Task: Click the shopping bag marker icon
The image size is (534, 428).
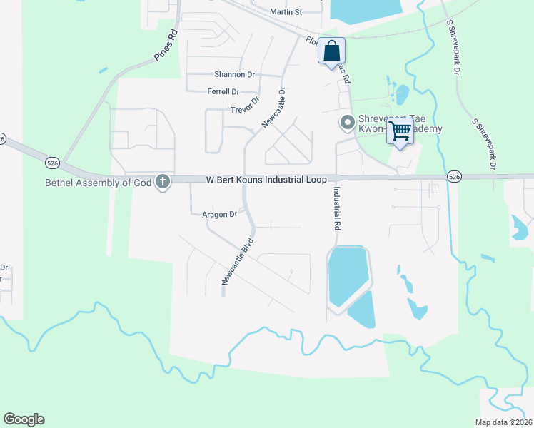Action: click(331, 51)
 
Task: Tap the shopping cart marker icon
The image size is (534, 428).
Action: click(400, 131)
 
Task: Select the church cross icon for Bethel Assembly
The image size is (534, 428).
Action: click(163, 182)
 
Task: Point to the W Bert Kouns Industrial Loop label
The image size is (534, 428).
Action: click(266, 180)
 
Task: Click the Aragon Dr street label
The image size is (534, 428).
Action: click(219, 214)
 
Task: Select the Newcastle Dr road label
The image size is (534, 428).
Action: click(273, 108)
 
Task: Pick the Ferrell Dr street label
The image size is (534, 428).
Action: click(223, 91)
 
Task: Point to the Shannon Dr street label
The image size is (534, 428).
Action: click(234, 74)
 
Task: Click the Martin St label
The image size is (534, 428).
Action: click(286, 12)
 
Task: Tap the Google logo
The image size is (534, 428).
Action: click(24, 419)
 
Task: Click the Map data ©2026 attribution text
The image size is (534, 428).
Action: click(504, 422)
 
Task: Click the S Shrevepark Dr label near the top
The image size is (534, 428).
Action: click(453, 46)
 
